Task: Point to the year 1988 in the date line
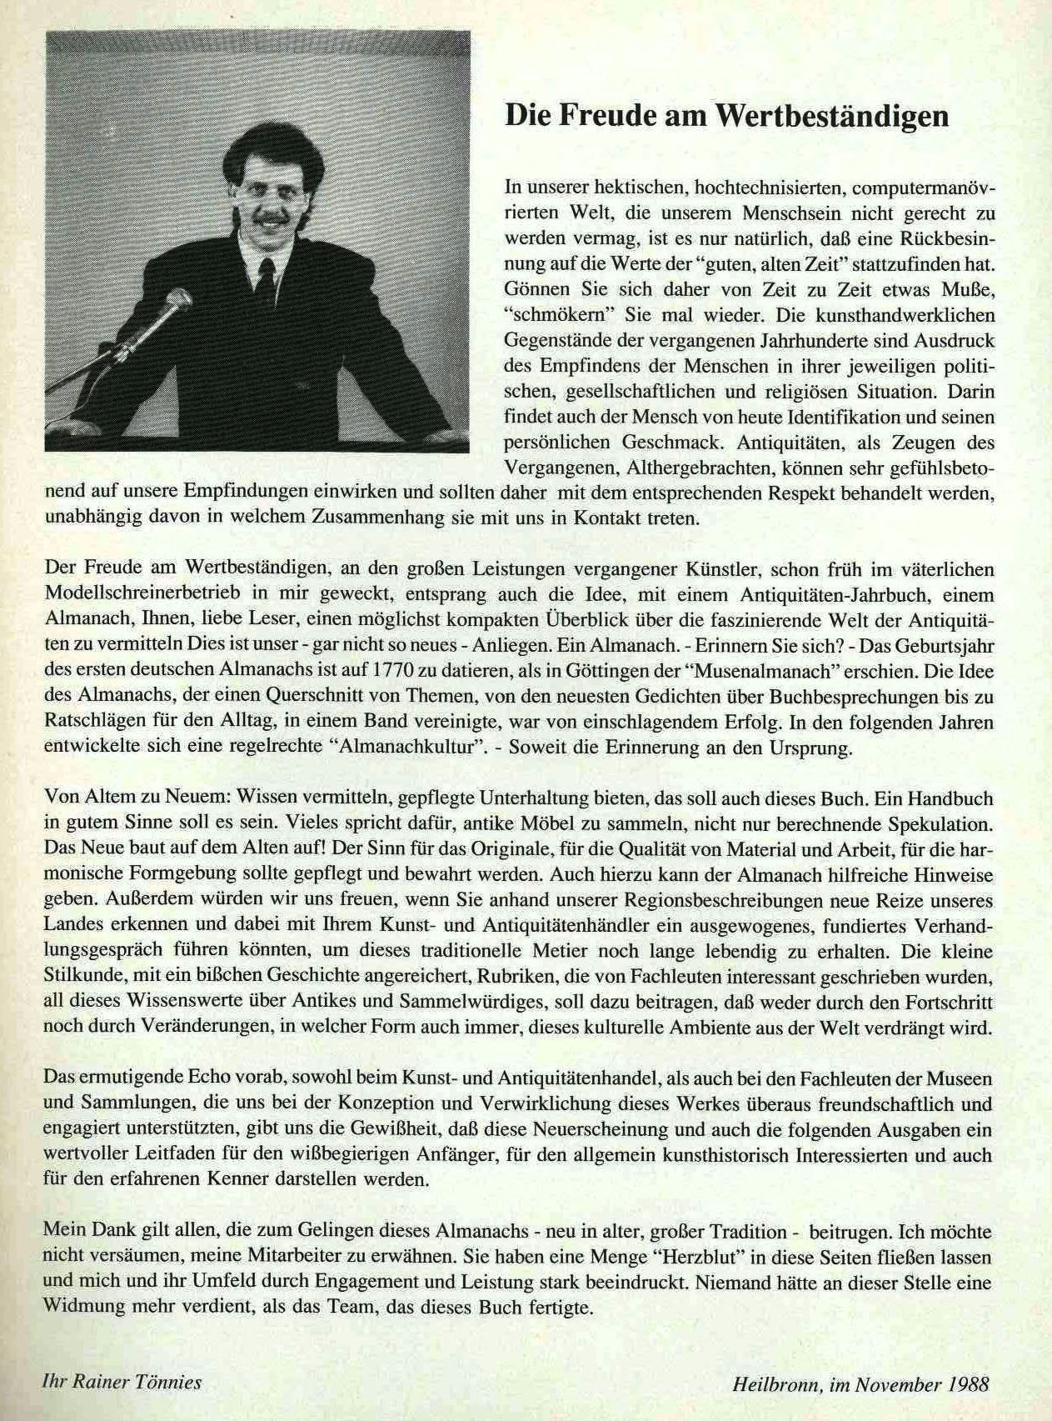coord(969,1385)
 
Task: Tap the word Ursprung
coord(810,747)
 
